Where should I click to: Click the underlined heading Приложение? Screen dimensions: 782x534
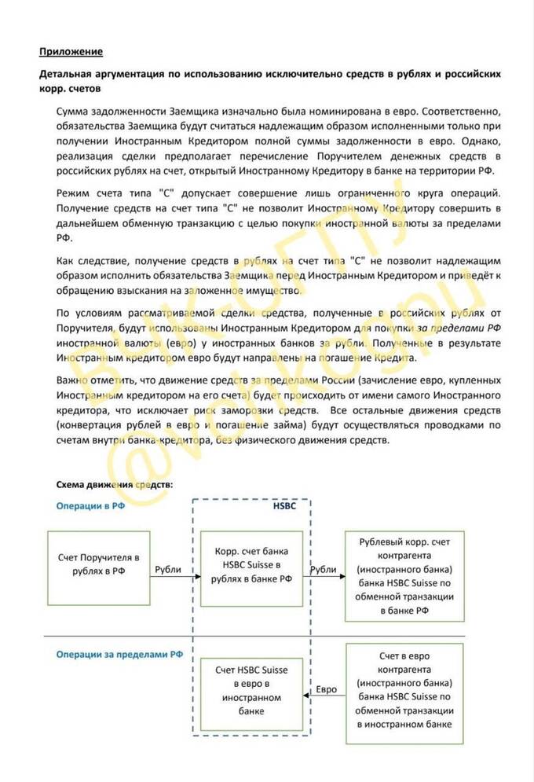(x=71, y=52)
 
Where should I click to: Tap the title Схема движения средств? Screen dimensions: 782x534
(x=115, y=485)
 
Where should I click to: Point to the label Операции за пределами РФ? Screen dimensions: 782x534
(x=115, y=654)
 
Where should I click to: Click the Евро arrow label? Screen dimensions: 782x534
(x=326, y=689)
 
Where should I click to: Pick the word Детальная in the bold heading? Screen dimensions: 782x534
(x=68, y=74)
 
